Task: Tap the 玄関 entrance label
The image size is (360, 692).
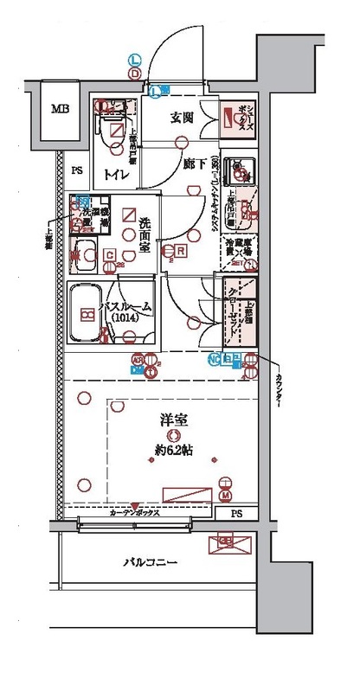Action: (x=181, y=118)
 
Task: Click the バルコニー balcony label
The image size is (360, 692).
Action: (x=149, y=563)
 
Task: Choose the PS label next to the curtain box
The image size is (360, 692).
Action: (x=236, y=514)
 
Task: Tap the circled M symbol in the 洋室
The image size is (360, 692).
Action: (x=226, y=496)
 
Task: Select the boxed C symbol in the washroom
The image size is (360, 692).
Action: (x=110, y=253)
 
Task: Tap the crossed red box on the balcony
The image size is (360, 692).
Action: (x=227, y=543)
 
